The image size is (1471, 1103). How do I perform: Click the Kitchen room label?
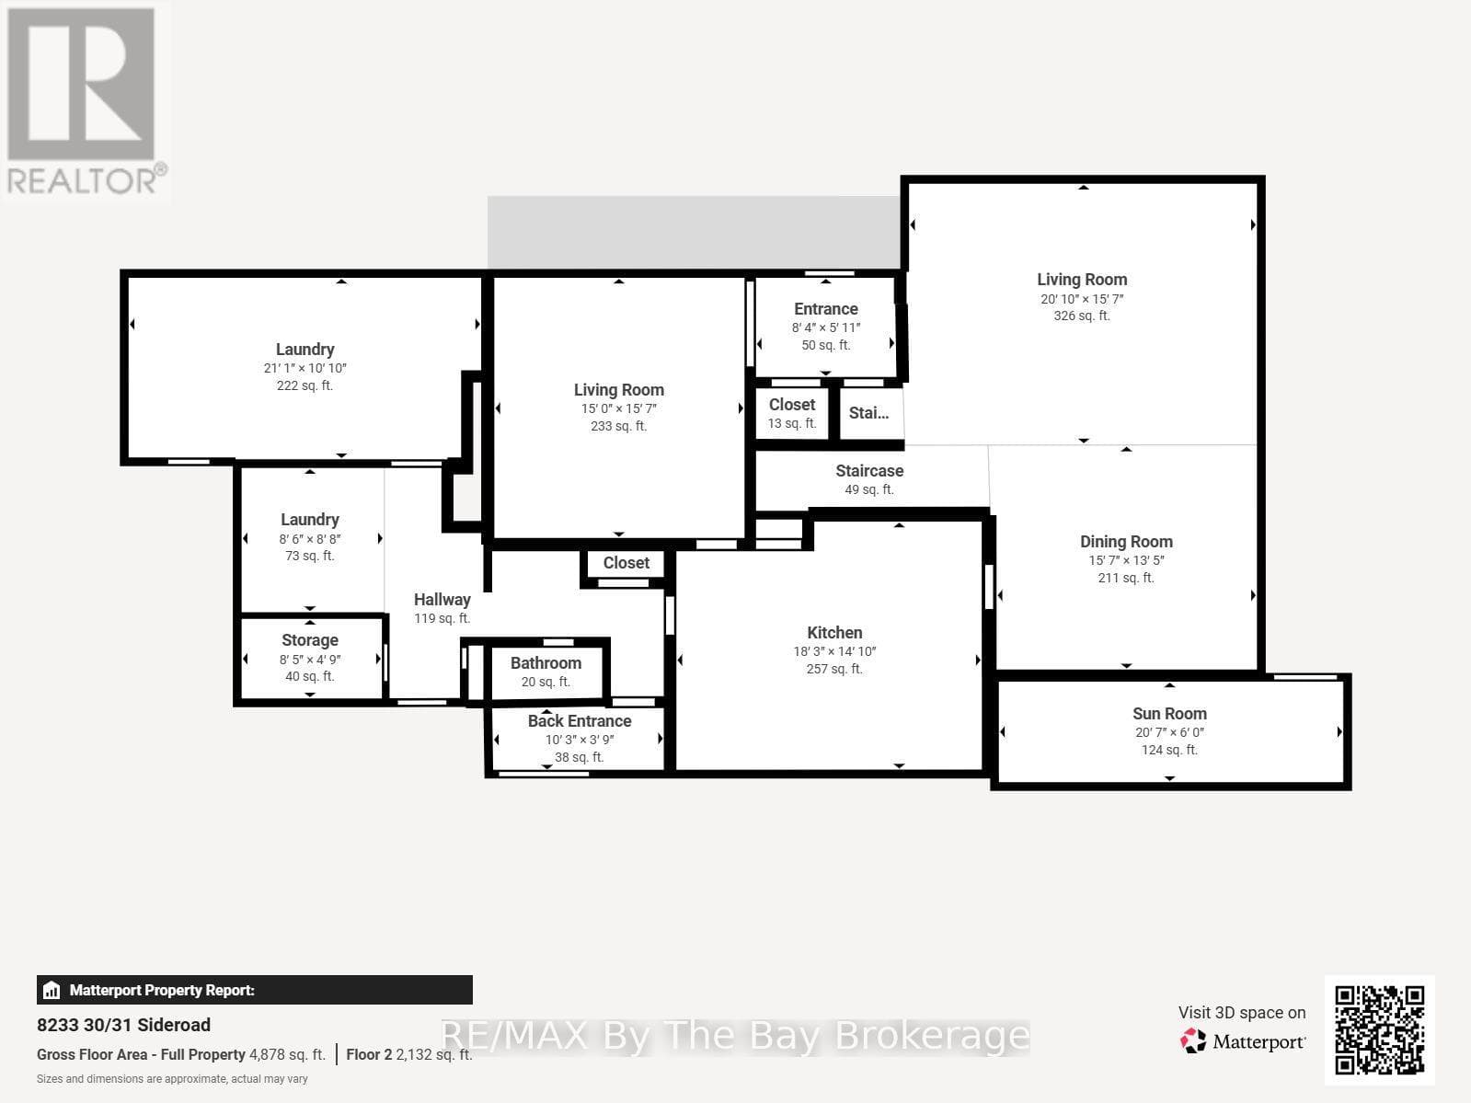834,633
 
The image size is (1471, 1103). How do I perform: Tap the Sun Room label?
1169,714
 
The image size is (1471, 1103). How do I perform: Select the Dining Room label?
1126,542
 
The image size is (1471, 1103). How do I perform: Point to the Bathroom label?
546,662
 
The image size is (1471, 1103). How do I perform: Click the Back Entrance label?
580,721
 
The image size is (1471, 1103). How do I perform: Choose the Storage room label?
310,640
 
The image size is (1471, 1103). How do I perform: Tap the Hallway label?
442,600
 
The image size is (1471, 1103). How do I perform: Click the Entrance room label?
825,309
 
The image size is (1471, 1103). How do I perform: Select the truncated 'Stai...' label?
868,413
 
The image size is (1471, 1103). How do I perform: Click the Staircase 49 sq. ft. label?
869,480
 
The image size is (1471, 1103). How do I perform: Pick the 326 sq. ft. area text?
1082,316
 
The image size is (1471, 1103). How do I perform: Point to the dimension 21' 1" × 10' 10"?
305,368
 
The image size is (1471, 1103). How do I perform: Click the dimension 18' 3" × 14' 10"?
834,651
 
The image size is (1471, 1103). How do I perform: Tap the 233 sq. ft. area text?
618,426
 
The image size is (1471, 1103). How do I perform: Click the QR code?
1379,1030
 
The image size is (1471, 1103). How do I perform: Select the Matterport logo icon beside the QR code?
1193,1041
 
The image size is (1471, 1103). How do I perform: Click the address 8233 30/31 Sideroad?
123,1025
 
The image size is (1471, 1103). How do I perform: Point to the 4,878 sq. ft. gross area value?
288,1055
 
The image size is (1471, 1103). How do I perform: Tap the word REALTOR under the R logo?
82,180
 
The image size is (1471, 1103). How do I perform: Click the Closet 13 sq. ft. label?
791,413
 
